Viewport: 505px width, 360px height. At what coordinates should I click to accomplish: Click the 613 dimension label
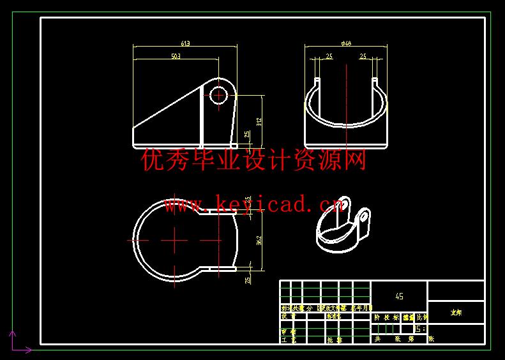click(x=185, y=43)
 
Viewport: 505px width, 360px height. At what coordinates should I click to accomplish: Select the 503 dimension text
click(x=176, y=56)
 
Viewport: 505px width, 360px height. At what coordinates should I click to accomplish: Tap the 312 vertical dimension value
click(x=259, y=121)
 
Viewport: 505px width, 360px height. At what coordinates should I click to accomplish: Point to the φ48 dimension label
click(x=347, y=43)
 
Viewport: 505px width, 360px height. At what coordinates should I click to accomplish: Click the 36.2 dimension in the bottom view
click(x=259, y=240)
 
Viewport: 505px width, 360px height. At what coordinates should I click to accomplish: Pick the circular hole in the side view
click(x=218, y=95)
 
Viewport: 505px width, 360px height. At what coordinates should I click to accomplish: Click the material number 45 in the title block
click(x=399, y=296)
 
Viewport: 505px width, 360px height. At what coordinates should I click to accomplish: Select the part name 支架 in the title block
click(x=456, y=312)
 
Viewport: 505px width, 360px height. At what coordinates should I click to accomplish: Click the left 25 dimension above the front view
click(x=329, y=56)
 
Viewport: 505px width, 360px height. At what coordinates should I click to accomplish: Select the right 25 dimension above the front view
click(x=363, y=56)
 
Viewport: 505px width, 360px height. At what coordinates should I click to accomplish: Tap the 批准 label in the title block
click(x=334, y=340)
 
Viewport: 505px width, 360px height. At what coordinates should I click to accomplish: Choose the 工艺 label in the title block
click(x=289, y=340)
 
